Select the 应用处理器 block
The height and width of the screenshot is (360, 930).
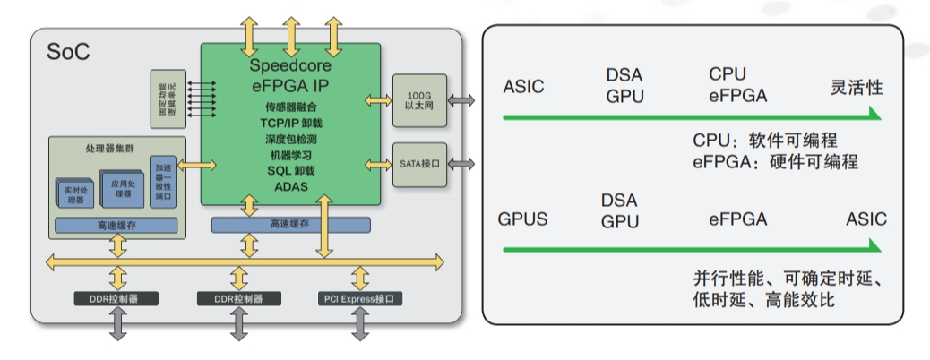[122, 189]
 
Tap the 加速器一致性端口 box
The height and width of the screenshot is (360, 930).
[163, 182]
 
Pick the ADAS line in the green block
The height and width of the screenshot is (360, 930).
[291, 186]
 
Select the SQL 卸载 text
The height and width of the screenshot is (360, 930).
[291, 171]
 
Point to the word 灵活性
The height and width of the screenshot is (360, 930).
[857, 87]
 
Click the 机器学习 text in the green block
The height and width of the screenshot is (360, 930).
[291, 156]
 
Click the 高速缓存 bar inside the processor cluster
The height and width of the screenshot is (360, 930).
[116, 225]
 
